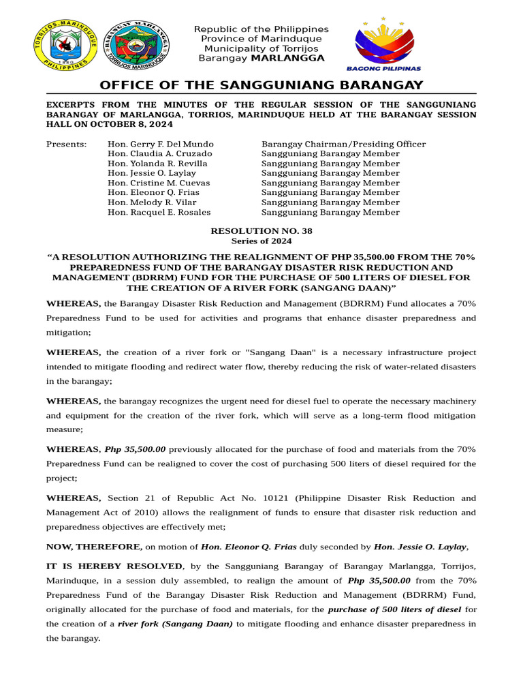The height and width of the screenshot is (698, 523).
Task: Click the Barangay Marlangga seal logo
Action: [138, 44]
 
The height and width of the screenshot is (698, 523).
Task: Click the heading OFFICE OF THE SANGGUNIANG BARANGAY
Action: [261, 85]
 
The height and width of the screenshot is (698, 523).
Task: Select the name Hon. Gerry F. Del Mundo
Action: [161, 144]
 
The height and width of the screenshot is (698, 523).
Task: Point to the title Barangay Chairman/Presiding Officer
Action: [343, 144]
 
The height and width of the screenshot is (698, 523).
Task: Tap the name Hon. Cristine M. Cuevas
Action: [159, 183]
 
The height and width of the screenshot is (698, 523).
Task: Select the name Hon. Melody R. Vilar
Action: [152, 202]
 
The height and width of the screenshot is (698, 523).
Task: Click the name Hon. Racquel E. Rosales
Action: [159, 212]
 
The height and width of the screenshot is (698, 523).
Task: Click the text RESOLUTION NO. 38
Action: [261, 231]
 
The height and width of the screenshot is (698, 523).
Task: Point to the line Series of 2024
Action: [261, 241]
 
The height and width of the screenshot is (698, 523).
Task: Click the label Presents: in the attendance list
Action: [66, 144]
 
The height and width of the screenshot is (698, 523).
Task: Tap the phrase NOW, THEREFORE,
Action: [94, 547]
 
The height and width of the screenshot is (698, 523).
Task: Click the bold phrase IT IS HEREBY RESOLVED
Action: [114, 566]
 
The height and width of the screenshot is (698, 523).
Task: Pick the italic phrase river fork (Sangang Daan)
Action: [175, 624]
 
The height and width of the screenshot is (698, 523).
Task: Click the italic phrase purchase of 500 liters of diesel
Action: [394, 609]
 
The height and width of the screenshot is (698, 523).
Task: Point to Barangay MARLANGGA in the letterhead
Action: [261, 58]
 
